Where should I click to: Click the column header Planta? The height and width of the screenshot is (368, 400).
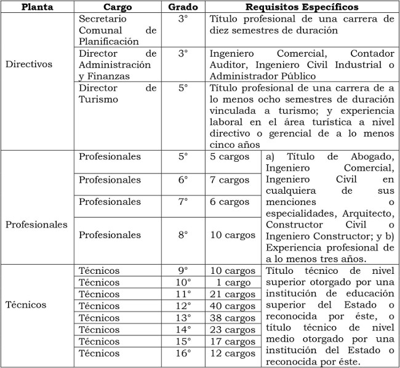point(37,7)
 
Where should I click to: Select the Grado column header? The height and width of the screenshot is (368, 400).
point(183,7)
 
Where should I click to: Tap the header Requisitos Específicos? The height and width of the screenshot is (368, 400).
point(302,7)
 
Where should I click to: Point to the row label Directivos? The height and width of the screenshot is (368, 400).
point(29,63)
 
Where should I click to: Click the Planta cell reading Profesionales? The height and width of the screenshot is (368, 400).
point(36,225)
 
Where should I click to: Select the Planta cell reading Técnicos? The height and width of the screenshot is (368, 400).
point(26,305)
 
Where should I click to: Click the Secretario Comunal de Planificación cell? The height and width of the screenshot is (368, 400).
point(118,30)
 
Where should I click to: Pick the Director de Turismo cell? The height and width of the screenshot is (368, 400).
point(118,94)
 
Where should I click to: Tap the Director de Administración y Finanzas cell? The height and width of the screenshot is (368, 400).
point(118,65)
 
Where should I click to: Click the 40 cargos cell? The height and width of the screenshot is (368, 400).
point(233,306)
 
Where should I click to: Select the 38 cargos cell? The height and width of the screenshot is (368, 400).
point(233,318)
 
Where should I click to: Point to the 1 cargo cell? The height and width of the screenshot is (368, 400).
point(233,282)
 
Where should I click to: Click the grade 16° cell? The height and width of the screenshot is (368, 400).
point(183,353)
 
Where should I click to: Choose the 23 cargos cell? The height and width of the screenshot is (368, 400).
point(233,329)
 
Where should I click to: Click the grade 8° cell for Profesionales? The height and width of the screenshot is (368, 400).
point(183,235)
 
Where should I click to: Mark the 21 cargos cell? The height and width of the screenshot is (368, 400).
point(233,294)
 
